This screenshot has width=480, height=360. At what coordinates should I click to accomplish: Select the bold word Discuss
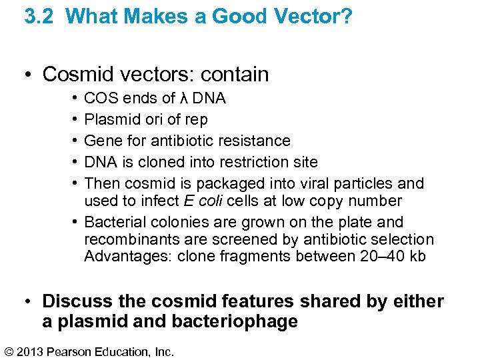pyautogui.click(x=75, y=301)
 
